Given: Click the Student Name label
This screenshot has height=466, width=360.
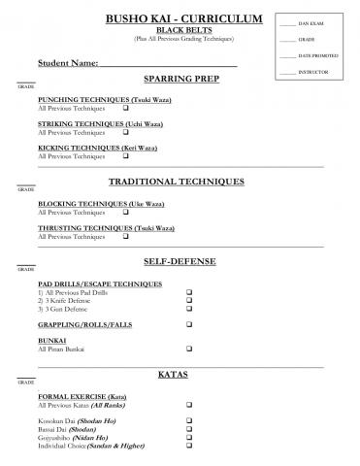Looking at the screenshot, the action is [68, 63].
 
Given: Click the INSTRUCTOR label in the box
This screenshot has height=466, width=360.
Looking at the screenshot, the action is [312, 73].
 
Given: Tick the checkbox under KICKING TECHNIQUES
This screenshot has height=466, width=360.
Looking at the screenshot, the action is [126, 155].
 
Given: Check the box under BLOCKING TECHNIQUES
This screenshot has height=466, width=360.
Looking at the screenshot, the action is [126, 212].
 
